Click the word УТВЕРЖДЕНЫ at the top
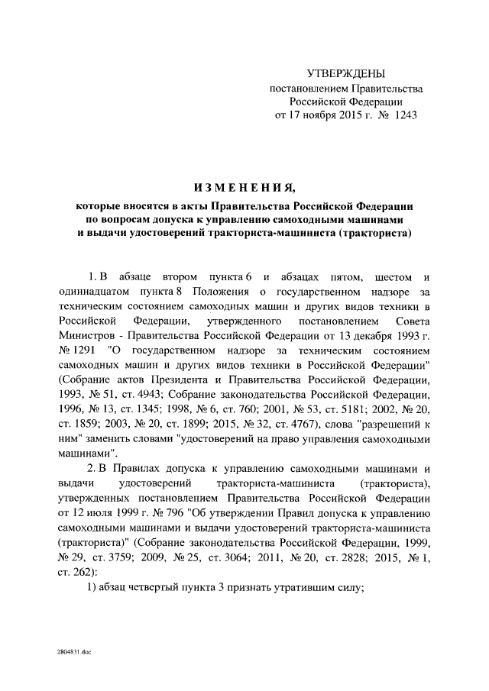pos(346,73)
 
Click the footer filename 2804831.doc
pos(73,655)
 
